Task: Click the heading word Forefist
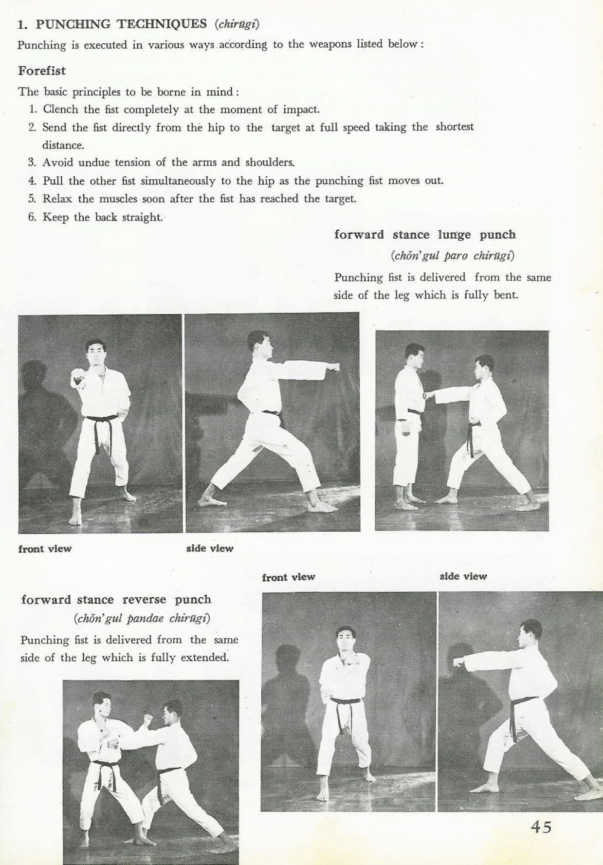coord(42,71)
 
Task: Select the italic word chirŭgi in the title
coord(237,24)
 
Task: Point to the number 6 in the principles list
coord(32,217)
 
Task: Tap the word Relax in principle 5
coord(57,199)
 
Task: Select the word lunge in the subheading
coord(454,235)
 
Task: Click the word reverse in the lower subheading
coord(144,600)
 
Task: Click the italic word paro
coord(456,256)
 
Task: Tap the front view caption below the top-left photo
coord(45,549)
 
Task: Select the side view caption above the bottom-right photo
coord(463,576)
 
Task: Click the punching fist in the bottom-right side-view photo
coord(458,663)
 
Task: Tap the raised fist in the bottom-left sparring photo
coord(148,718)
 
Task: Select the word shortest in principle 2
coord(454,127)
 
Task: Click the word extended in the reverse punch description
coord(204,658)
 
